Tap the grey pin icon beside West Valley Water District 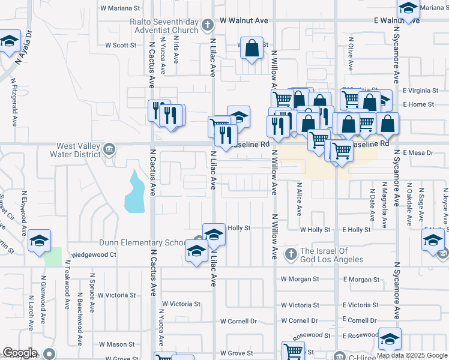point(109,148)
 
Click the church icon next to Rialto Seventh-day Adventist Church point(208,25)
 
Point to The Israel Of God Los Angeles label point(331,255)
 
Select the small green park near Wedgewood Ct point(53,257)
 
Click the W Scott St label point(121,45)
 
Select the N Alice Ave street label point(298,199)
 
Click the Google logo point(20,353)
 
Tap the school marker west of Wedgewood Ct point(39,241)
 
